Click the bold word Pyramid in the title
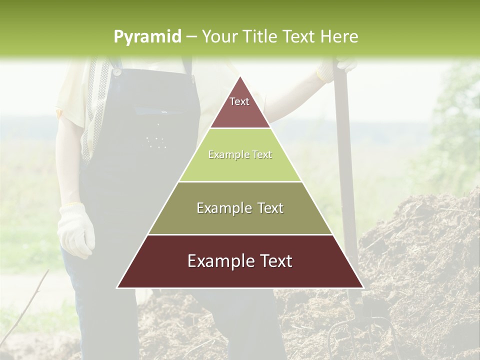pos(147,36)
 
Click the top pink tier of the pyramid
pos(239,107)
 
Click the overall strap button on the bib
pos(117,71)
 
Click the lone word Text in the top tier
pos(239,101)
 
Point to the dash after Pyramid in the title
pos(190,36)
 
